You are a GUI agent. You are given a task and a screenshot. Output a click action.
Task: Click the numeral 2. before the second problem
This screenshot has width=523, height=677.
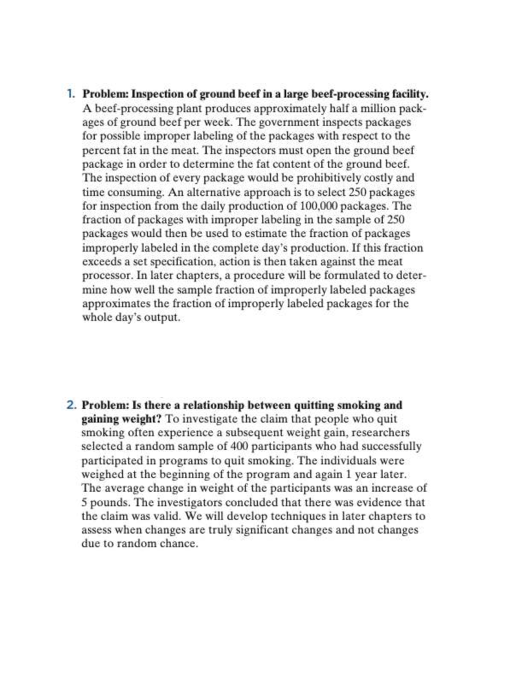[x=71, y=405]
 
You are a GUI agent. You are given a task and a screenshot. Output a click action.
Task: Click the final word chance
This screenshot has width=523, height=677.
[x=178, y=544]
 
